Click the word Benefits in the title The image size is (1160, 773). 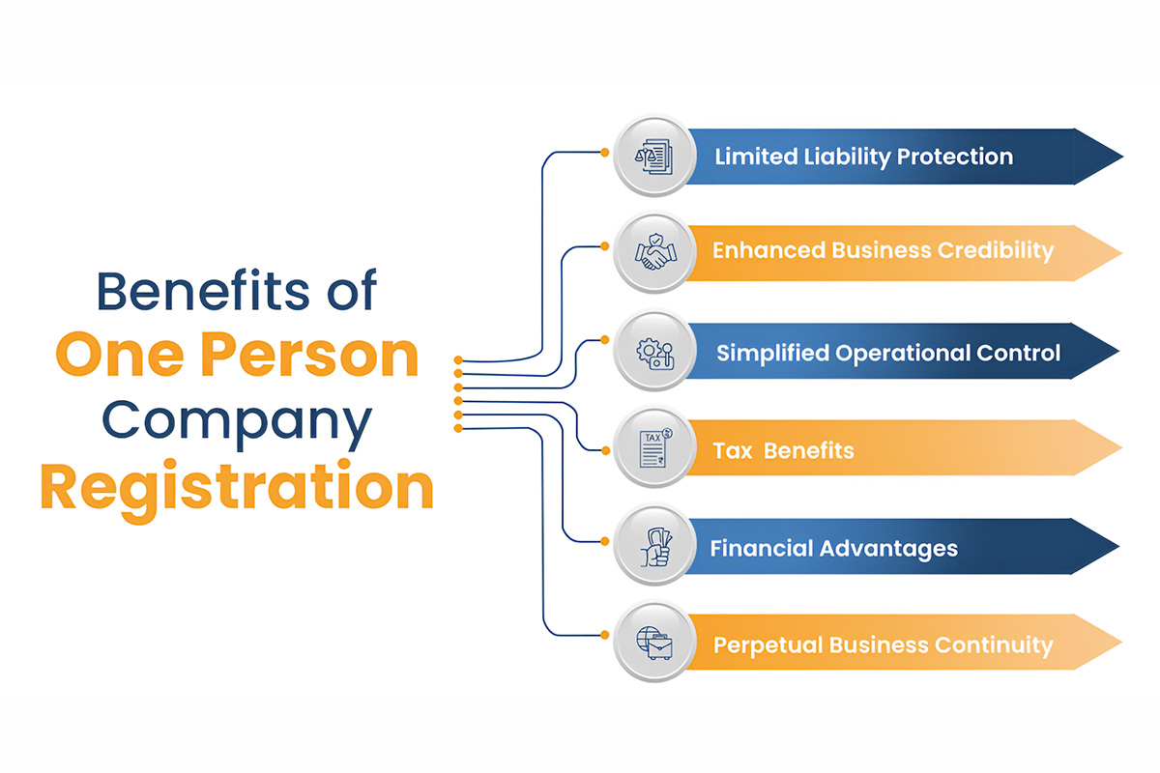point(202,290)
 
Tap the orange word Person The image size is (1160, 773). point(309,356)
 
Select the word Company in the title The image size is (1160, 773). point(237,423)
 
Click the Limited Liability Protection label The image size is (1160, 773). point(864,157)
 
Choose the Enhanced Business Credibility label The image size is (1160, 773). point(883,251)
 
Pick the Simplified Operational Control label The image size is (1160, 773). point(888,354)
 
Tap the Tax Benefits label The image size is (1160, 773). point(783,451)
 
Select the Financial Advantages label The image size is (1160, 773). point(833,549)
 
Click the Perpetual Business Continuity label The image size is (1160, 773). point(883,646)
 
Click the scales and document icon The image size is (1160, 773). point(654,157)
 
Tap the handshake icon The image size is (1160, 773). point(655,252)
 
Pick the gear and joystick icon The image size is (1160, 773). point(655,354)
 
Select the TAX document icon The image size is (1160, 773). point(655,448)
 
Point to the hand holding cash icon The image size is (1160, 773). point(656,547)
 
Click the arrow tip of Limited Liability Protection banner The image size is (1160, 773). point(1122,157)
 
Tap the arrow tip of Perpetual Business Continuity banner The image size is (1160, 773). point(1121,643)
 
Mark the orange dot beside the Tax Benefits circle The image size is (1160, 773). point(605,451)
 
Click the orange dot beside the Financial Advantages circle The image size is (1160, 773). point(604,541)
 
